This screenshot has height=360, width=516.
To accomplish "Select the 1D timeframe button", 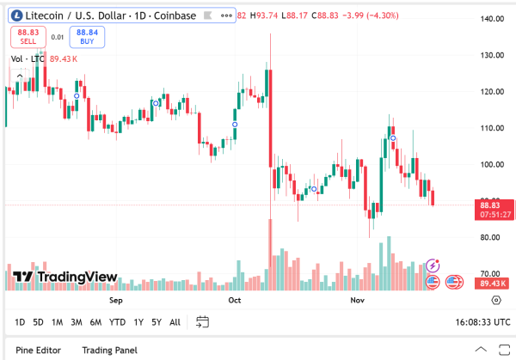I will point(19,322).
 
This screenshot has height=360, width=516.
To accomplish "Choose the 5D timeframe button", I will point(38,322).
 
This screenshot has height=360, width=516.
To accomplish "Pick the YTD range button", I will point(118,322).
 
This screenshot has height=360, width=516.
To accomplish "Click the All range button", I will point(175,322).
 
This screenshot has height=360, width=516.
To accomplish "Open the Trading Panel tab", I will point(109,350).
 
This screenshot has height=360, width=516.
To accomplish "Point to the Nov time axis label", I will point(358,302).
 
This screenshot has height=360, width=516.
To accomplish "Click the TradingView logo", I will point(64,277).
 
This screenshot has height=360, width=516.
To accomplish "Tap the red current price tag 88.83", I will point(490,205).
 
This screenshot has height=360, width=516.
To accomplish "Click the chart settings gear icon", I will point(496,300).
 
